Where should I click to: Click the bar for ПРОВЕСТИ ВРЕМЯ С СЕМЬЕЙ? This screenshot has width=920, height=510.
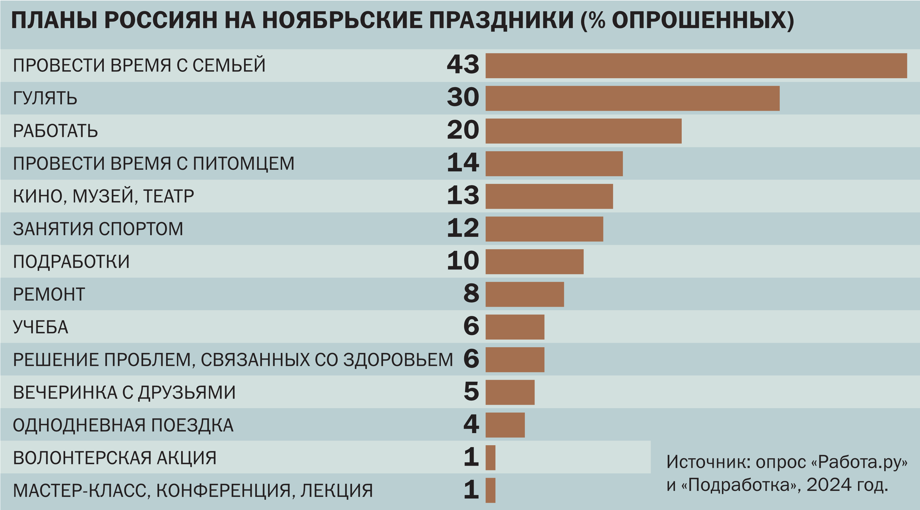696,66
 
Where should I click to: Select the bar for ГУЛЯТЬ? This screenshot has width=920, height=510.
632,98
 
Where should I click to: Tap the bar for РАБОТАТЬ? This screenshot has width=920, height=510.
583,131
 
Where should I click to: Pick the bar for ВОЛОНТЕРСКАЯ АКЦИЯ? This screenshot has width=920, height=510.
490,458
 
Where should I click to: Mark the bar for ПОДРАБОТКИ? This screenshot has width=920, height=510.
534,262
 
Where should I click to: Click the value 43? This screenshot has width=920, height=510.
463,64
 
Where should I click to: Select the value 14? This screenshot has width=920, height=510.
463,163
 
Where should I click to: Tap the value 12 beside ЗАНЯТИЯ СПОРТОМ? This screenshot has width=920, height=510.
463,228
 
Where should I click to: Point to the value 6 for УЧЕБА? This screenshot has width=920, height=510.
471,326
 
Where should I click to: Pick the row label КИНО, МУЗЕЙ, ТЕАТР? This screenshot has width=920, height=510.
103,196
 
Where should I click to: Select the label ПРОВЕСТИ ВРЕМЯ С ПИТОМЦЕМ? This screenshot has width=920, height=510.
154,163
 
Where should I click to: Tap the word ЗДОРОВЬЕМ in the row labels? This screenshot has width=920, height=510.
398,360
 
